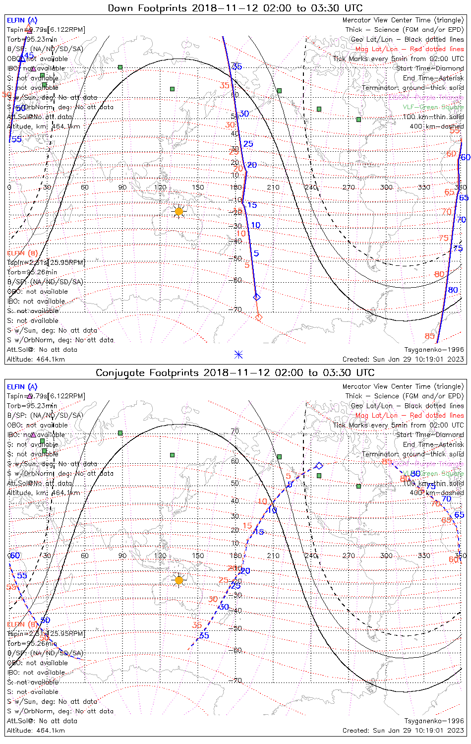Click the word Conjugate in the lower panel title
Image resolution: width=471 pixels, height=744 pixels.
[x=119, y=372]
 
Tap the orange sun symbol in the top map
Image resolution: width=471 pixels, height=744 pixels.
[x=179, y=212]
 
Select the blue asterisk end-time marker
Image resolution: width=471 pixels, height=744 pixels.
[x=238, y=354]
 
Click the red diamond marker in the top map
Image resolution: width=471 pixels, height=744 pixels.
[x=258, y=317]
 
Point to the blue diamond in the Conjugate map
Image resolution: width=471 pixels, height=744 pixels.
[x=319, y=466]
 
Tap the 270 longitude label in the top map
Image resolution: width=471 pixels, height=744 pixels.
[x=349, y=187]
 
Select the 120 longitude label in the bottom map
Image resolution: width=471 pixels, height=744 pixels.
[x=160, y=556]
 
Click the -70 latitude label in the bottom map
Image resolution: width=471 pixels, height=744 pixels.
[x=236, y=680]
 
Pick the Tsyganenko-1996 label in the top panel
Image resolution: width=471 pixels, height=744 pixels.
[x=434, y=350]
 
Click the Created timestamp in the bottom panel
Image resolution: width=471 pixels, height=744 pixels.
[x=403, y=730]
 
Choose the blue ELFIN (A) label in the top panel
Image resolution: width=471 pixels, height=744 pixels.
[x=22, y=20]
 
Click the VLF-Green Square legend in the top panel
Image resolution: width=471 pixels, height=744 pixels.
[x=433, y=107]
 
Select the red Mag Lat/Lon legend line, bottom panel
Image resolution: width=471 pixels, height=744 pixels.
[x=410, y=415]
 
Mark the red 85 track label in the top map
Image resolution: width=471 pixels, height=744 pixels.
[x=429, y=336]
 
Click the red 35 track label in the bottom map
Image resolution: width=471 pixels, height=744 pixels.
[x=197, y=625]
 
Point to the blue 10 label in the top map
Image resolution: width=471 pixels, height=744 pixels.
[x=255, y=225]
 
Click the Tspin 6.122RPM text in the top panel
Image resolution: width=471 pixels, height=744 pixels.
[x=46, y=30]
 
